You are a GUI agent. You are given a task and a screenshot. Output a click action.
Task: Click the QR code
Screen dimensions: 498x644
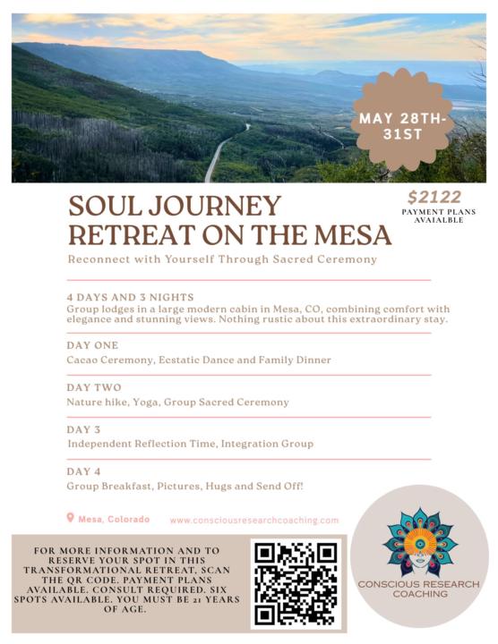click(x=296, y=582)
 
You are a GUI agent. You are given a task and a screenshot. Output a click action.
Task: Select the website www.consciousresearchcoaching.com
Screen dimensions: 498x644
click(x=254, y=520)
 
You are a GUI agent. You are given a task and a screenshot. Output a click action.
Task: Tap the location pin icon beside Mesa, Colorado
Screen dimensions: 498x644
click(x=71, y=518)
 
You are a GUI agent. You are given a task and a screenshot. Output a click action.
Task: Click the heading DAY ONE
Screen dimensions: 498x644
click(x=92, y=345)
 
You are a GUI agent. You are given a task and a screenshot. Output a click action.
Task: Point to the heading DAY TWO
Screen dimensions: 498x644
click(x=93, y=387)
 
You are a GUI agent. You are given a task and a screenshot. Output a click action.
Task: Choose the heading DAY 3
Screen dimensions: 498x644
click(x=86, y=429)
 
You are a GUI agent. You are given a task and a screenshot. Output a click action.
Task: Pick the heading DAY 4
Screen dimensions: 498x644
click(x=86, y=471)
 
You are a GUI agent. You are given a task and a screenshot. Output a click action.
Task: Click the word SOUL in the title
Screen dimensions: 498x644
click(x=107, y=207)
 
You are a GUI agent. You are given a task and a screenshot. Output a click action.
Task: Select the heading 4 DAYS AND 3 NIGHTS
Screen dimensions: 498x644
click(x=130, y=296)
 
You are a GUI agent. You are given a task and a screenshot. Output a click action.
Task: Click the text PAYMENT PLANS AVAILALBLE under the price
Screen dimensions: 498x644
click(x=438, y=216)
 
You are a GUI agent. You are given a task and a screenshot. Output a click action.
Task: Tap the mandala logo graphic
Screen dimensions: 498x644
click(x=419, y=539)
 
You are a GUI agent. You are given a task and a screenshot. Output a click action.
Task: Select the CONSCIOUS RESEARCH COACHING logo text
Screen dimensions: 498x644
click(x=418, y=589)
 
